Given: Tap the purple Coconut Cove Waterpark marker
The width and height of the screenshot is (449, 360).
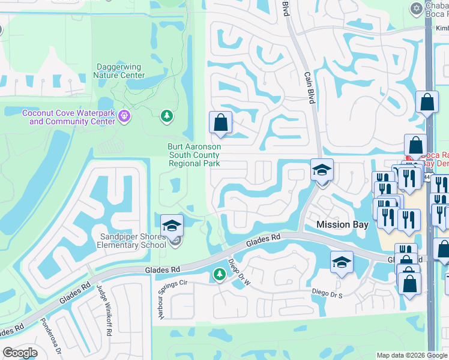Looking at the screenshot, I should (x=125, y=116).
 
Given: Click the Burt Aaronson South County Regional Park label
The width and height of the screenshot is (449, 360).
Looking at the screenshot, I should (x=194, y=155).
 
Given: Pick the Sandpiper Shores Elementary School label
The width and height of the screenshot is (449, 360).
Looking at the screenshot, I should (x=133, y=241).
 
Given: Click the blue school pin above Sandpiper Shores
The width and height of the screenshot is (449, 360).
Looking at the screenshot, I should (x=172, y=226).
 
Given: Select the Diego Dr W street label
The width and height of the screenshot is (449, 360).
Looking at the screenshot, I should (x=237, y=272).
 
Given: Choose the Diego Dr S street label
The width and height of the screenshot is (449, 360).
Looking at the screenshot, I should (x=327, y=292).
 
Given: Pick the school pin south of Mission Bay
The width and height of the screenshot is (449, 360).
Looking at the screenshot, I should (x=342, y=262).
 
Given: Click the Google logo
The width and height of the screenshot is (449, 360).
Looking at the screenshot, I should (x=19, y=353).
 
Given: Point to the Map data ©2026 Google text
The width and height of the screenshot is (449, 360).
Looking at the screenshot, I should (x=411, y=355).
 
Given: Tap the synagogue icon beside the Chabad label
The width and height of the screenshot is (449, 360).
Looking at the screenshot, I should (x=416, y=8).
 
